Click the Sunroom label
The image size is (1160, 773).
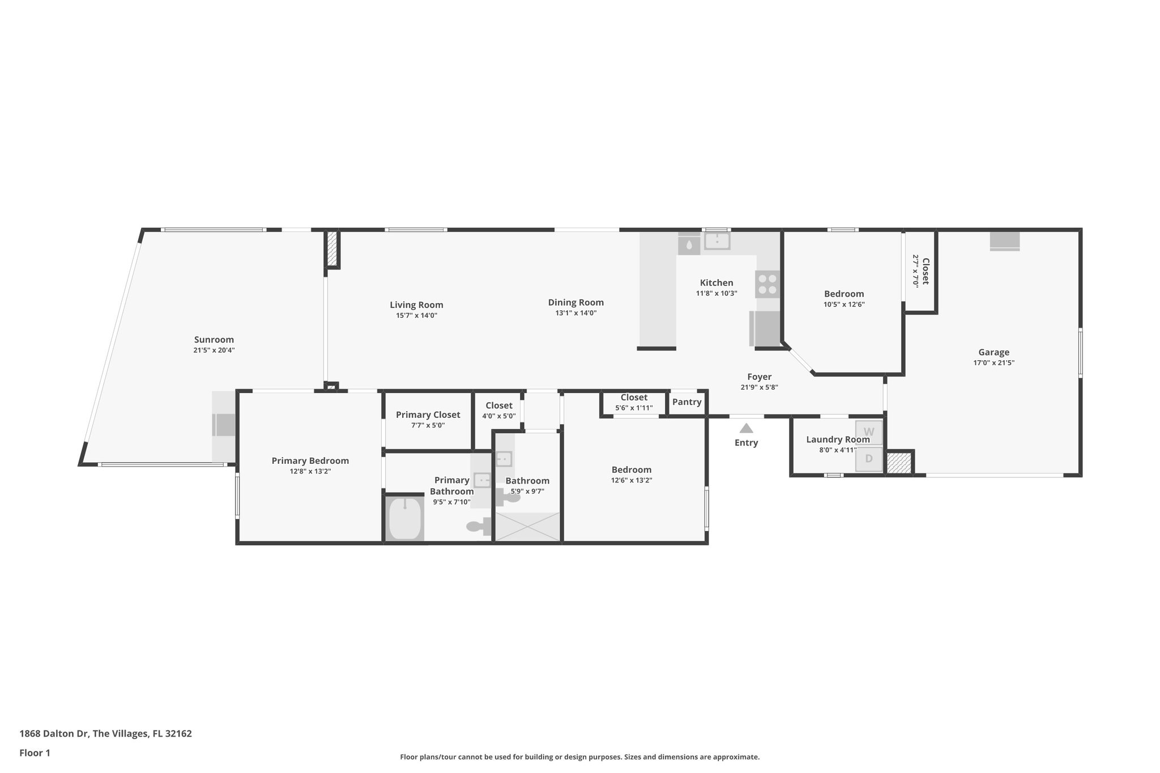coord(214,340)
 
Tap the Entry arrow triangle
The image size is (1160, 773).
coord(746,429)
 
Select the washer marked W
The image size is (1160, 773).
coord(868,432)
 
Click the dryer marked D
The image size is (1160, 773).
coord(868,459)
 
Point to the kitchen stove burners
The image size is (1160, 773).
coord(767,284)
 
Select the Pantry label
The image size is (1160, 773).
coord(686,402)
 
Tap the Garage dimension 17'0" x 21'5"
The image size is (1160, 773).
coord(993,363)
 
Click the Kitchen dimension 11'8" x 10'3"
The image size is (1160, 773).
coord(717,293)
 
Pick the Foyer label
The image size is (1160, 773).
coord(759,377)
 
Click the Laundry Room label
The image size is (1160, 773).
coord(837,439)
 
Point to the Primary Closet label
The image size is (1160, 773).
coord(428,415)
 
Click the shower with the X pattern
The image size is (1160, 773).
coord(527,527)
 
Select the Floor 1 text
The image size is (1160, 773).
coord(35,753)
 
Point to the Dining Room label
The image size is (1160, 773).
coord(575,302)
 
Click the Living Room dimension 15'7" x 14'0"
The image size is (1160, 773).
coord(416,315)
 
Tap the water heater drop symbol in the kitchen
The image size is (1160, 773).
coord(689,245)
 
